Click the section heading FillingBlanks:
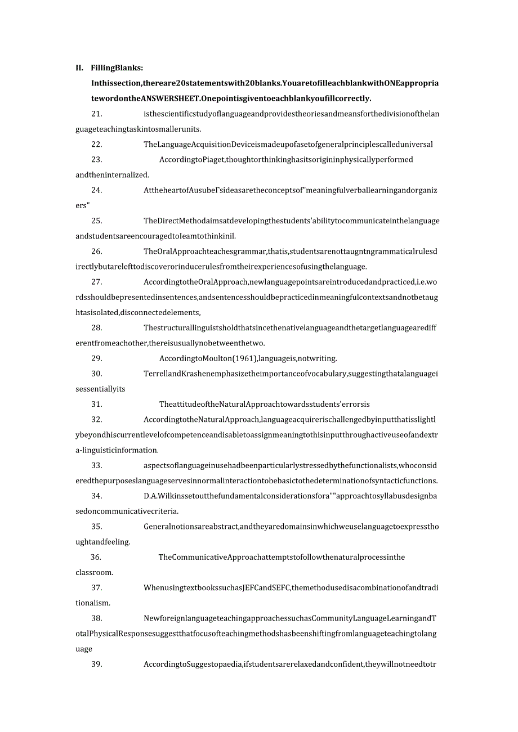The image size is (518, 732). (117, 68)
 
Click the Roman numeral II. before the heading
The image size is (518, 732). (79, 68)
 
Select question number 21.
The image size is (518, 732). (96, 114)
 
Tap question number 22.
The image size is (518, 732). (96, 145)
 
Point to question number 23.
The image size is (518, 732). (96, 160)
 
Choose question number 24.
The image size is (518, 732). (96, 190)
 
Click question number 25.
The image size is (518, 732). (96, 221)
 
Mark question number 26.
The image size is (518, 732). (96, 252)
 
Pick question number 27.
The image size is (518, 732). (96, 282)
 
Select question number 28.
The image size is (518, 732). (96, 328)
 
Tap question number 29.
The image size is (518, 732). (96, 358)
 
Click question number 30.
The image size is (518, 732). (96, 374)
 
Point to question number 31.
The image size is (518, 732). (96, 404)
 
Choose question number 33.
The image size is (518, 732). (96, 465)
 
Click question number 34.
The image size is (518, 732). (96, 496)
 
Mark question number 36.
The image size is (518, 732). (96, 557)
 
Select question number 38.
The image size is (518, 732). (96, 618)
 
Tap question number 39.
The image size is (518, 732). (96, 664)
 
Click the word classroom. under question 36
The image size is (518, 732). (95, 572)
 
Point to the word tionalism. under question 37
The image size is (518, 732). (93, 603)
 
